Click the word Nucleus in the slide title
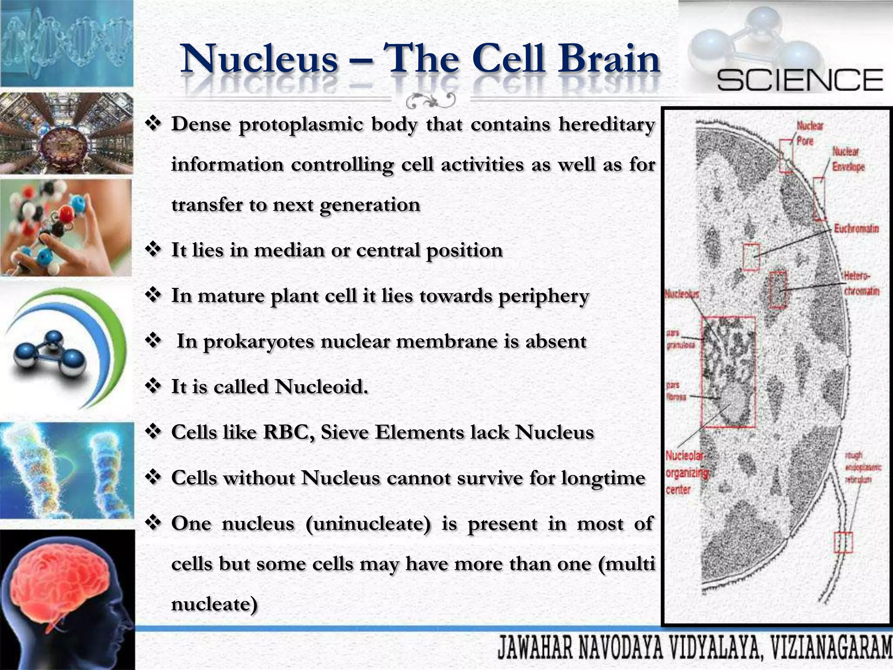point(260,60)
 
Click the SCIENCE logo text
point(800,80)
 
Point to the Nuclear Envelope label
point(848,159)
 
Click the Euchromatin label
point(856,229)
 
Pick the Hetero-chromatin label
point(861,284)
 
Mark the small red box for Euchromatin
point(751,257)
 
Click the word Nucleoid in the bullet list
point(321,386)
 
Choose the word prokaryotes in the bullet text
point(259,341)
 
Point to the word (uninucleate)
point(368,523)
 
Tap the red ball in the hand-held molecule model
point(66,213)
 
